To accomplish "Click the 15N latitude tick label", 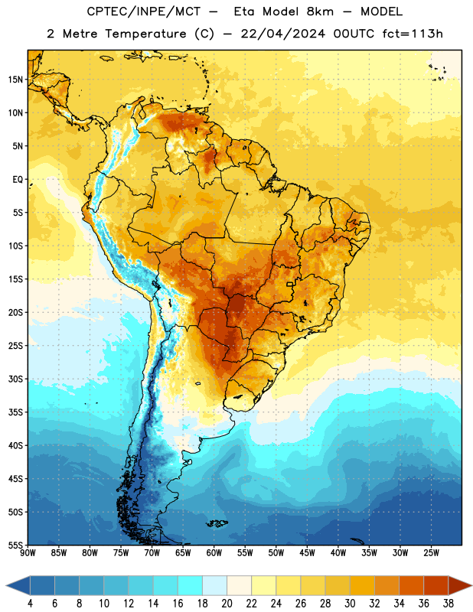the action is tap(15, 80).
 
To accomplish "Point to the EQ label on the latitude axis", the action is tap(18, 180).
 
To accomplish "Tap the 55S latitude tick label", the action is tap(15, 545).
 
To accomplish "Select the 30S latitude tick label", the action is tap(15, 379).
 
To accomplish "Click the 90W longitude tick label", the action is tap(28, 553).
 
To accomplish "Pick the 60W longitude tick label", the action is tap(214, 553).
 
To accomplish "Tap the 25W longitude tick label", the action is tap(431, 553).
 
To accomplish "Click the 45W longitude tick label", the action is tap(307, 553).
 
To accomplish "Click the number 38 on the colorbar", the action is tap(449, 604).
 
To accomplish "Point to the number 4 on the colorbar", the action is tap(30, 604).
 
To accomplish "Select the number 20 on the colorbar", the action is tap(227, 604).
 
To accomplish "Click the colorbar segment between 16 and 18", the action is tap(190, 586).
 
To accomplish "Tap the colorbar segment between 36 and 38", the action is tap(436, 586).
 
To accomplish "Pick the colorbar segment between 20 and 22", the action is tap(239, 586).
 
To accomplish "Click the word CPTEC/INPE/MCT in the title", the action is tap(144, 11).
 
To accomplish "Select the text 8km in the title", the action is tap(320, 11).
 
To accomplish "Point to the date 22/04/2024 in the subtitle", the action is tap(283, 34).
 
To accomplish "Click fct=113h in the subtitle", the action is tap(413, 34).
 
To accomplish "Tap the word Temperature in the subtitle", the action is tap(145, 34).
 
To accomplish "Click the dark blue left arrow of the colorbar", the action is tap(18, 586).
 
